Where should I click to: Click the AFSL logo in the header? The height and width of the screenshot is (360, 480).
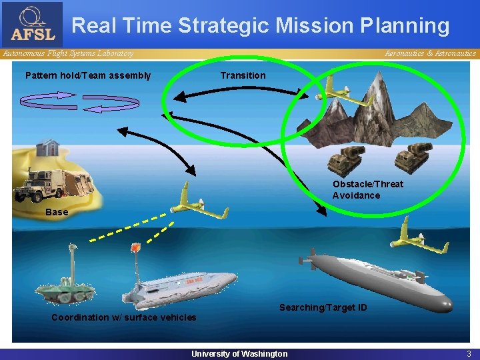click(x=33, y=25)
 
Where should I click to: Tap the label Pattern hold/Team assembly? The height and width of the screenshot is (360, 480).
click(x=88, y=75)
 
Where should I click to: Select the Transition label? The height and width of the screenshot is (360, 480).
click(x=243, y=75)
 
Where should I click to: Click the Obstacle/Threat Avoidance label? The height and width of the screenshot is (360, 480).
click(x=367, y=189)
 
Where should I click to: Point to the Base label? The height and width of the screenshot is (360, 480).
click(x=57, y=212)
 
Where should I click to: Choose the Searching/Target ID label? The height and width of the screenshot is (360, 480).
click(x=323, y=307)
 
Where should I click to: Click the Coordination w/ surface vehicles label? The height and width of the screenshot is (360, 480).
click(x=124, y=317)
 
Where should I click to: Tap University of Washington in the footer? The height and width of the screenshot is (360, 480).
click(x=239, y=353)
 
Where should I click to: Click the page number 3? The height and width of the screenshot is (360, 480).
click(x=469, y=353)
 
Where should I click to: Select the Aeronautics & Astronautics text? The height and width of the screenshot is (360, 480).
click(x=430, y=53)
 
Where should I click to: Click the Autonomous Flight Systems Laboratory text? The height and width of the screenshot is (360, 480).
click(x=67, y=53)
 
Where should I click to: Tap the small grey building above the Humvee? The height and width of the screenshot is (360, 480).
click(x=48, y=147)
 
